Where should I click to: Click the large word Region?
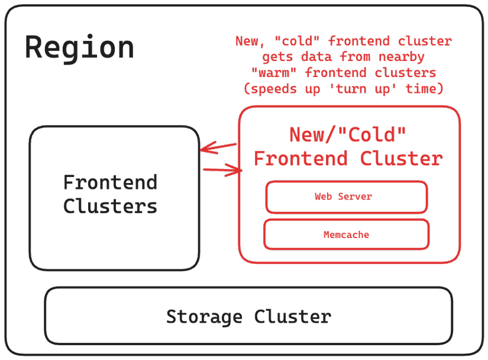pyautogui.click(x=79, y=47)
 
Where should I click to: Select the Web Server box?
pyautogui.click(x=346, y=197)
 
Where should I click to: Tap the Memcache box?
pyautogui.click(x=346, y=234)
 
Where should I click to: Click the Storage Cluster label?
pyautogui.click(x=248, y=316)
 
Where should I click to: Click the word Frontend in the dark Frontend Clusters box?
pyautogui.click(x=110, y=182)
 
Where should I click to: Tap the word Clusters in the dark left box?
pyautogui.click(x=110, y=206)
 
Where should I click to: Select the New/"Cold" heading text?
pyautogui.click(x=348, y=134)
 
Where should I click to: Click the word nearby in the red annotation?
pyautogui.click(x=402, y=57)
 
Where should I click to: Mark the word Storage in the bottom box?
pyautogui.click(x=203, y=316)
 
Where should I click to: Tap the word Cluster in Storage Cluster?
pyautogui.click(x=292, y=316)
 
